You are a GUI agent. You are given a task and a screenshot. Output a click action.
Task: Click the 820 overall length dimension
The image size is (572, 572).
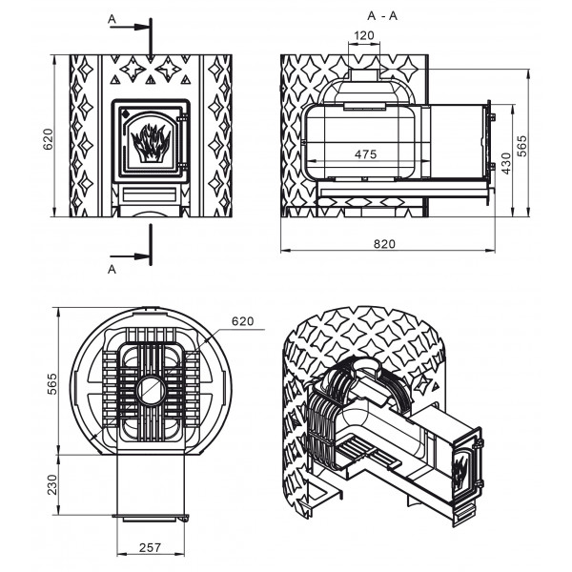tap(384, 244)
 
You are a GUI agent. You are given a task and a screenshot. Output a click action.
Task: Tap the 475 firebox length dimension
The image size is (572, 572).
tap(365, 154)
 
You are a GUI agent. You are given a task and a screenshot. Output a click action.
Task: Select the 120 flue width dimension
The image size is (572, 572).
tap(364, 35)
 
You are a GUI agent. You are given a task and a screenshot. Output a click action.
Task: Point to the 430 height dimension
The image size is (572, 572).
tap(506, 163)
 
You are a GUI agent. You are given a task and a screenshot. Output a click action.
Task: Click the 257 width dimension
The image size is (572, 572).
tap(150, 547)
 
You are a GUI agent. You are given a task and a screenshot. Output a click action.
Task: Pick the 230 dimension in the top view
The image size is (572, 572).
tap(52, 484)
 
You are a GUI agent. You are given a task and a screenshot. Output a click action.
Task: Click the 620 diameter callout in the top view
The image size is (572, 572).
tap(242, 321)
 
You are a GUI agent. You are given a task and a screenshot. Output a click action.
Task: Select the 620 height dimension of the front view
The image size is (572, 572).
tap(48, 139)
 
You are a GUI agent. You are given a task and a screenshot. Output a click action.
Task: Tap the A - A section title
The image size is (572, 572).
tap(382, 16)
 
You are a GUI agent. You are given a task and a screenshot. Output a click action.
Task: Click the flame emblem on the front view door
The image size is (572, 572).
tap(151, 143)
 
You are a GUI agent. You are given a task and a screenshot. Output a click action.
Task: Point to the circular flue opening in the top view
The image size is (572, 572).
tap(151, 390)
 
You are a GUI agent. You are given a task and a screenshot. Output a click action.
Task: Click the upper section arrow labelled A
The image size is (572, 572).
tap(130, 27)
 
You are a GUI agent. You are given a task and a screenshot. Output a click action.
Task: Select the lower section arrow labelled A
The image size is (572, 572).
tap(130, 256)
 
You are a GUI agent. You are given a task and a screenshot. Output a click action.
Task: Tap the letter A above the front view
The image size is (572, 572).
tap(112, 19)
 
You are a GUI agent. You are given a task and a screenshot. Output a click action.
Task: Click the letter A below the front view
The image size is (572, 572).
tap(112, 269)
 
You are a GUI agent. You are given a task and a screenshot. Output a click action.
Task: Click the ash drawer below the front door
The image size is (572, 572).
tap(150, 194)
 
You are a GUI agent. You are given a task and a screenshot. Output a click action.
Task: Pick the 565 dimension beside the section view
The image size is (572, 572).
tap(522, 146)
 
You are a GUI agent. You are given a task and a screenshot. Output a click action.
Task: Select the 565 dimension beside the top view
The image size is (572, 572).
tap(52, 384)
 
